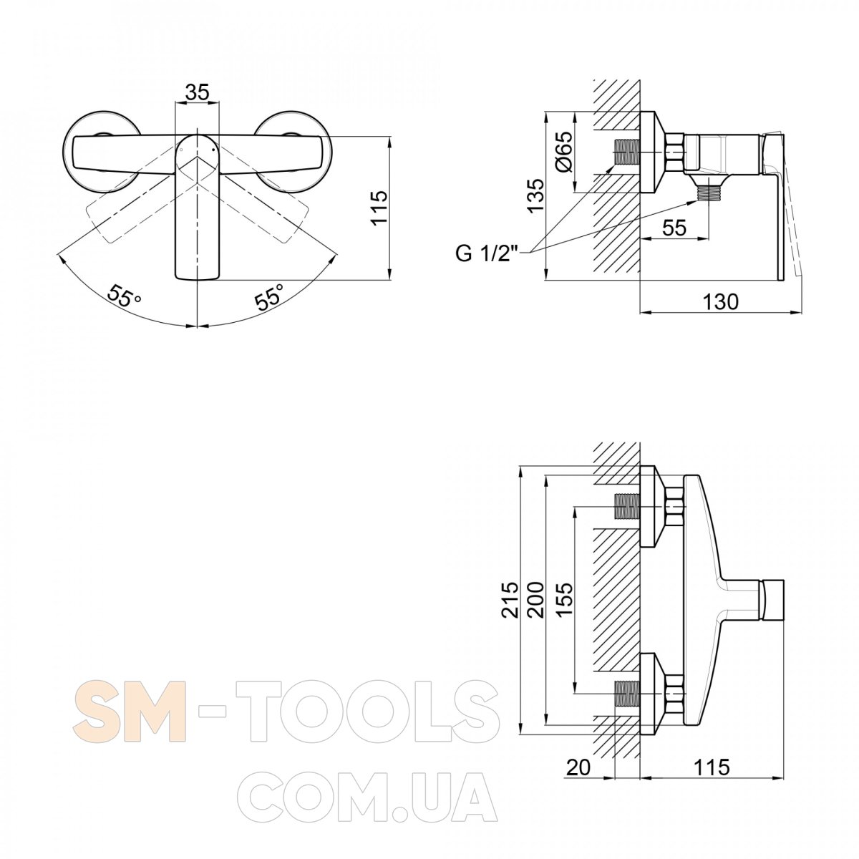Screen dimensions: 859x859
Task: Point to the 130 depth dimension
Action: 720,302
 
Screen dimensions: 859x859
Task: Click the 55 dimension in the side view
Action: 674,228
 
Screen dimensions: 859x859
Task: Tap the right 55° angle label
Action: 270,296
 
